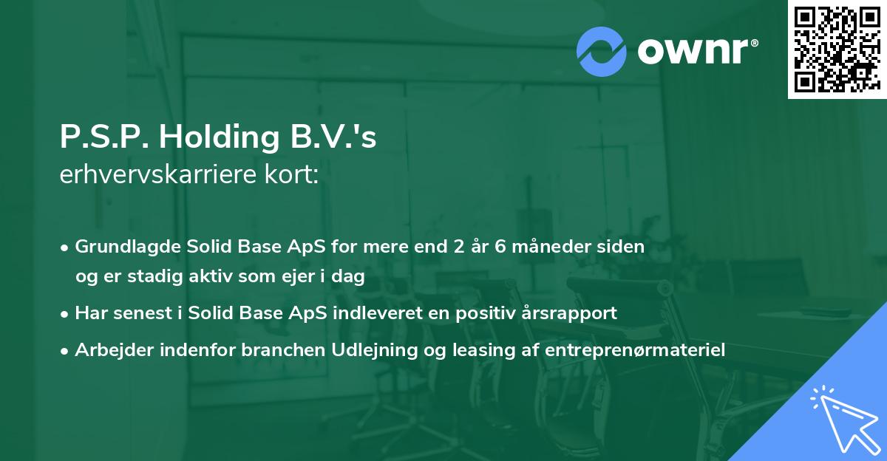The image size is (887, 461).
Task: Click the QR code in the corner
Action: coord(837,49)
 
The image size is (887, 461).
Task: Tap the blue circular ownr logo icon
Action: coord(602,52)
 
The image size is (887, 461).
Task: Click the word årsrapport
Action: coord(571,313)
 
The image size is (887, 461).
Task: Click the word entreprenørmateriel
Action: coord(635,349)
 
